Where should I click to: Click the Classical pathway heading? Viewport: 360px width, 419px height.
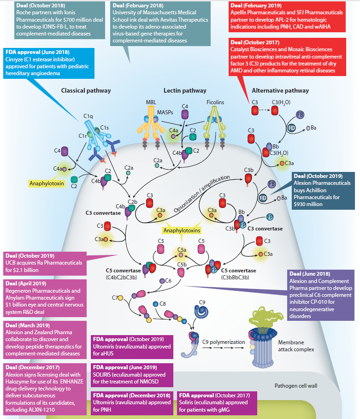pyautogui.click(x=86, y=91)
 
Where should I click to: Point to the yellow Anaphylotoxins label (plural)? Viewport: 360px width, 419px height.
pyautogui.click(x=180, y=229)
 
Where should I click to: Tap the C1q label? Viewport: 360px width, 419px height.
pyautogui.click(x=89, y=115)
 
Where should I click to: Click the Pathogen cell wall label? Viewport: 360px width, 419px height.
pyautogui.click(x=299, y=385)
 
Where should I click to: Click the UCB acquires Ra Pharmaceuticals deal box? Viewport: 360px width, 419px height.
pyautogui.click(x=44, y=262)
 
